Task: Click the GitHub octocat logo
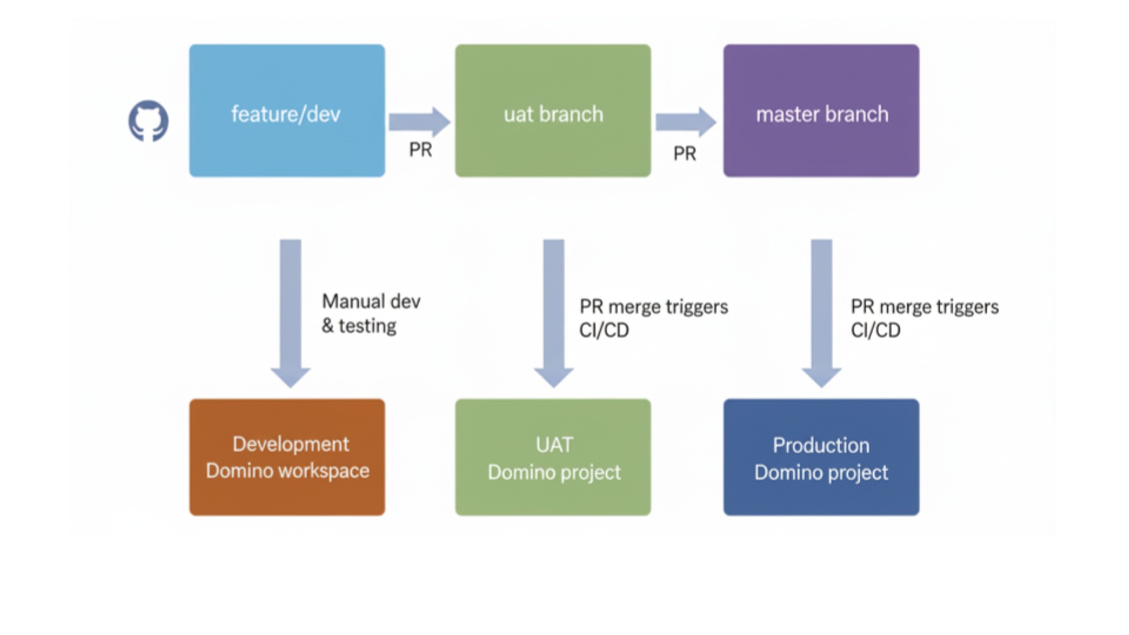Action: point(148,121)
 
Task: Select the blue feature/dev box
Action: point(287,111)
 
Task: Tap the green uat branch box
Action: point(553,111)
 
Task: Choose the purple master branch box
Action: point(821,111)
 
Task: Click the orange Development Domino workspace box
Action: point(287,457)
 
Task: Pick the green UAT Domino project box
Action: point(553,457)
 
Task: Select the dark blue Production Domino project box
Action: point(821,457)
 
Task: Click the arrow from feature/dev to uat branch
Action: point(419,122)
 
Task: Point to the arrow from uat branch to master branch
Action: point(685,122)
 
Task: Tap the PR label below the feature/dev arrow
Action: point(420,150)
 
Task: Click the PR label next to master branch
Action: point(684,153)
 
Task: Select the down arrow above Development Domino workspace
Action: point(290,312)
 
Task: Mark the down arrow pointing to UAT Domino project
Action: point(553,312)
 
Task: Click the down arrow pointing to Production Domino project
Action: point(821,312)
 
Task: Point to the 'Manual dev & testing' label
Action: point(370,313)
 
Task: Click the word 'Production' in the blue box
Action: point(821,445)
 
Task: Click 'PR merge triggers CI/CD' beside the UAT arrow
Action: point(653,318)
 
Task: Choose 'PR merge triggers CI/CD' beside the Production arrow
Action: point(924,318)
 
